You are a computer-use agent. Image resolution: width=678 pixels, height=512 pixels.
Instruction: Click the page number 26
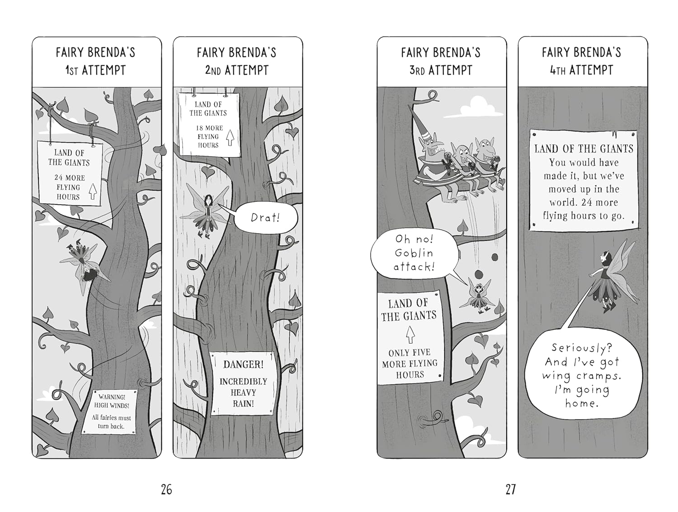click(166, 489)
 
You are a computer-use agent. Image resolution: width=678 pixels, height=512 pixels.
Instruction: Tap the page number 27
click(511, 489)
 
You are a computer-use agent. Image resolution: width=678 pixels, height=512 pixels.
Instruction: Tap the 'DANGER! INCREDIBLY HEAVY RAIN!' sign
click(243, 383)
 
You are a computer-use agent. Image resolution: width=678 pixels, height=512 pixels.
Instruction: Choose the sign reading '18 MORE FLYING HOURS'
click(209, 124)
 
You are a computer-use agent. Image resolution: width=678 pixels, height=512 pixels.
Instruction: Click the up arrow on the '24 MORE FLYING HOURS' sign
click(92, 191)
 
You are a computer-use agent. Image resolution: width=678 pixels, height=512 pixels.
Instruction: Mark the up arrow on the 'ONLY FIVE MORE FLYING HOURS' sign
click(410, 335)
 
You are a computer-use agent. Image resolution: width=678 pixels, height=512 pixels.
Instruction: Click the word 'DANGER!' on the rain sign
click(243, 364)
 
